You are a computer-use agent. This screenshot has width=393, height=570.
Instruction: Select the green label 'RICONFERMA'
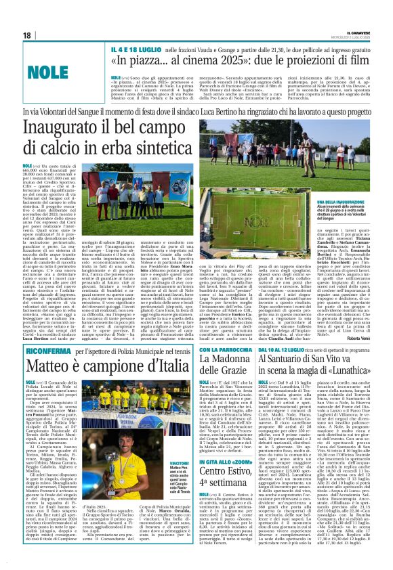(x=44, y=350)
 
